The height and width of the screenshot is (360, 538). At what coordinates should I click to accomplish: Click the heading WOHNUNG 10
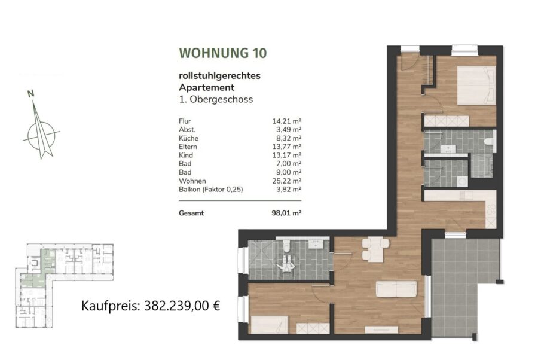222,53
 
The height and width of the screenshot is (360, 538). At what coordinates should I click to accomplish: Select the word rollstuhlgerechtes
219,76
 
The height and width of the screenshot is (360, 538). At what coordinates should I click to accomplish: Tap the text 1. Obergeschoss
215,99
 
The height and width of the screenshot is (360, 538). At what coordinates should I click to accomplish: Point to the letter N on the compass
30,93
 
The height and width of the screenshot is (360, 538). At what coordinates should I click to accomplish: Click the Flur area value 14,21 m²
286,121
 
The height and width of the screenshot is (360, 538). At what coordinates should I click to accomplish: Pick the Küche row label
189,138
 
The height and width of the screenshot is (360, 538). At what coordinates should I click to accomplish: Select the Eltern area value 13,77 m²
286,146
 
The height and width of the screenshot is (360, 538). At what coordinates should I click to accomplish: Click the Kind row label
186,154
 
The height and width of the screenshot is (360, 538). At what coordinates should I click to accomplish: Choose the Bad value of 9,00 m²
288,172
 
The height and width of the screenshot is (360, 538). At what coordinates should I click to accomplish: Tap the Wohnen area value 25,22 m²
286,180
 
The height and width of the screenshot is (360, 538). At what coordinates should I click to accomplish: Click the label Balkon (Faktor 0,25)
211,189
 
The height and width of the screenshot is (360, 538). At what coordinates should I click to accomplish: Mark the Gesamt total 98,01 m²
287,212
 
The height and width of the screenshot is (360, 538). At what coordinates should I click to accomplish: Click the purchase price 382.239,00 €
183,306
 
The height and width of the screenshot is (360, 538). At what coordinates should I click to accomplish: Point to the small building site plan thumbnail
65,285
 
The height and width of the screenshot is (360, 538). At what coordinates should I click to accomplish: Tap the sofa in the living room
396,289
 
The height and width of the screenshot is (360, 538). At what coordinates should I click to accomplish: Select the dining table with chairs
374,248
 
